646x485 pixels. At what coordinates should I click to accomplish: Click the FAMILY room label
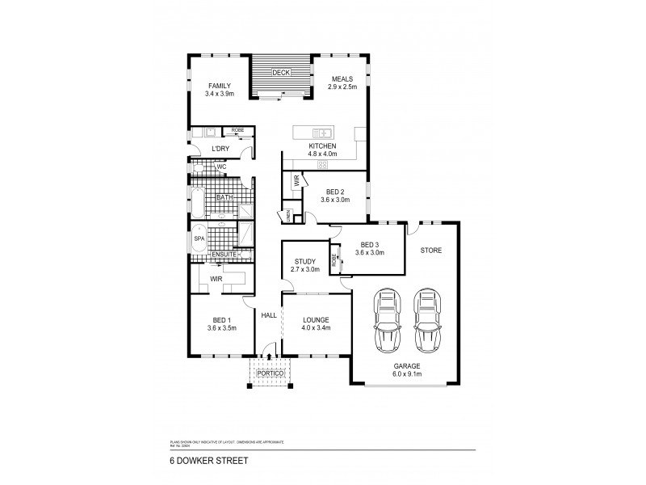(x=220, y=86)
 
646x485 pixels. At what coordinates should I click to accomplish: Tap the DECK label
(x=280, y=73)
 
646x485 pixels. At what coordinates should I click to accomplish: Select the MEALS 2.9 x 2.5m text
(x=342, y=82)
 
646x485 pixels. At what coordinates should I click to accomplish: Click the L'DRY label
(x=220, y=149)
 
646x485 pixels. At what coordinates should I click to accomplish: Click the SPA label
(x=199, y=239)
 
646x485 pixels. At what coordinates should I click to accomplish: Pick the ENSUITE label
(x=223, y=255)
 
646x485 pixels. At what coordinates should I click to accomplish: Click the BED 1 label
(x=220, y=320)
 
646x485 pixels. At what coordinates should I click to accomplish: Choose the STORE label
(x=430, y=251)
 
